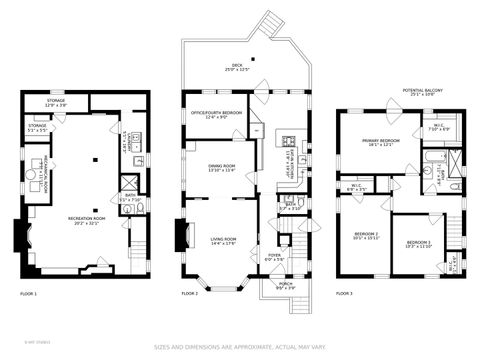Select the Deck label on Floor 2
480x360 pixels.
(x=236, y=69)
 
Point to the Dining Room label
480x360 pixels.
(x=221, y=168)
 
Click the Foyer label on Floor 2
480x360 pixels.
(x=274, y=257)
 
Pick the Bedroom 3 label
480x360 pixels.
(x=419, y=244)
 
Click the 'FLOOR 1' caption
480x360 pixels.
(x=28, y=294)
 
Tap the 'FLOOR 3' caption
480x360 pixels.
(x=344, y=294)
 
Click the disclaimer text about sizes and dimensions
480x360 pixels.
(x=240, y=346)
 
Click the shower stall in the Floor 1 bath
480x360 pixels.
(x=129, y=182)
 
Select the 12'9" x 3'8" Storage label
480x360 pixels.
(x=56, y=102)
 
